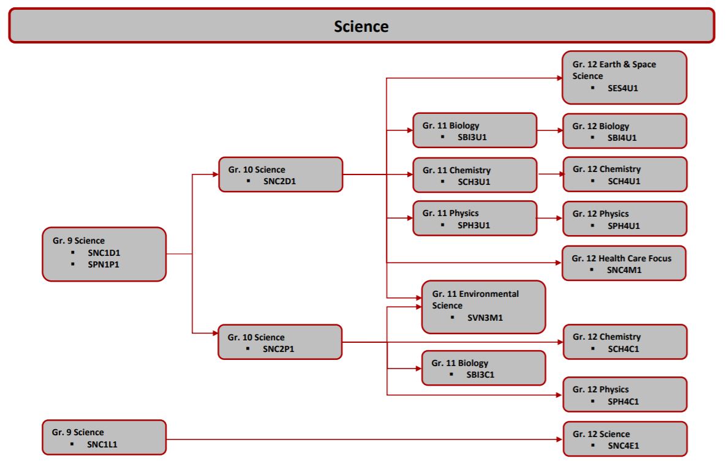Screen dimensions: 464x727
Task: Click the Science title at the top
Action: (361, 26)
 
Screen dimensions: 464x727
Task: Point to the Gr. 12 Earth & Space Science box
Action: (624, 77)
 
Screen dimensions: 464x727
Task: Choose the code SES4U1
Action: (623, 88)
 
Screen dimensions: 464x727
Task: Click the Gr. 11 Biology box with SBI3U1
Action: (475, 130)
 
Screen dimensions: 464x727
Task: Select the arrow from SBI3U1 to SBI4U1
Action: (549, 130)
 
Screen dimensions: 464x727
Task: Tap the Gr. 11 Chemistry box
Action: (475, 174)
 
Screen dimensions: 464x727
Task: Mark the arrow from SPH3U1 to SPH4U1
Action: (549, 217)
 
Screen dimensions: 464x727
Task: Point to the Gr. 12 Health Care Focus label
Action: (622, 258)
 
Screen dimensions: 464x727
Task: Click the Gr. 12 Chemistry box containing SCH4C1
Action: (624, 342)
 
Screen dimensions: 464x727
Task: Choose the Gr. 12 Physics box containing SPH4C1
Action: (624, 395)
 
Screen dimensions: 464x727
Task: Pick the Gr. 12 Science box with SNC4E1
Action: (624, 438)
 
